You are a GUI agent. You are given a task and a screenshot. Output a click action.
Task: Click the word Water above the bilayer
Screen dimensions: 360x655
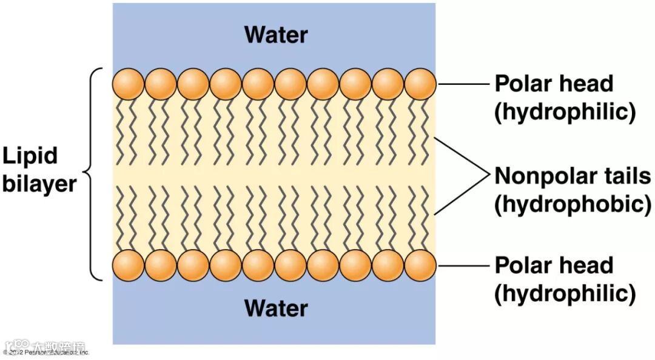point(276,35)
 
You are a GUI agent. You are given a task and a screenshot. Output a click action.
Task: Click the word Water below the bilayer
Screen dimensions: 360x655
point(276,308)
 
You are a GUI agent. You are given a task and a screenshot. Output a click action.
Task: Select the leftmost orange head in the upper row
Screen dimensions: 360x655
point(128,84)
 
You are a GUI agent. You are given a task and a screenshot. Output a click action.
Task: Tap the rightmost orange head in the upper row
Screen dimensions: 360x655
point(420,84)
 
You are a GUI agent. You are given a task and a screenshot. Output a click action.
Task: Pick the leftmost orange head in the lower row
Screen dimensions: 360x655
point(128,265)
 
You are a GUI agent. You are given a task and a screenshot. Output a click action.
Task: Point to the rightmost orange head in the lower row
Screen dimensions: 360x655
point(420,265)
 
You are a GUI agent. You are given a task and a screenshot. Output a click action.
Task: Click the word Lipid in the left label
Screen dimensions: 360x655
point(30,156)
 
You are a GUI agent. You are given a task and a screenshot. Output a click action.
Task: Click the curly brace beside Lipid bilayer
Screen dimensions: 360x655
point(92,175)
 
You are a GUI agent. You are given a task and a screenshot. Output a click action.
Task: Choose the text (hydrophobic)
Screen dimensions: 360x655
point(573,204)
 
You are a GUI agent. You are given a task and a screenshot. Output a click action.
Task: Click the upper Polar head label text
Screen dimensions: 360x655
point(554,84)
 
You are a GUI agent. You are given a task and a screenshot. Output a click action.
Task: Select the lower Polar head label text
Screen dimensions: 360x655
point(554,265)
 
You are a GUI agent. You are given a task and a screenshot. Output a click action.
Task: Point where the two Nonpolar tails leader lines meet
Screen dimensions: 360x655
point(489,176)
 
